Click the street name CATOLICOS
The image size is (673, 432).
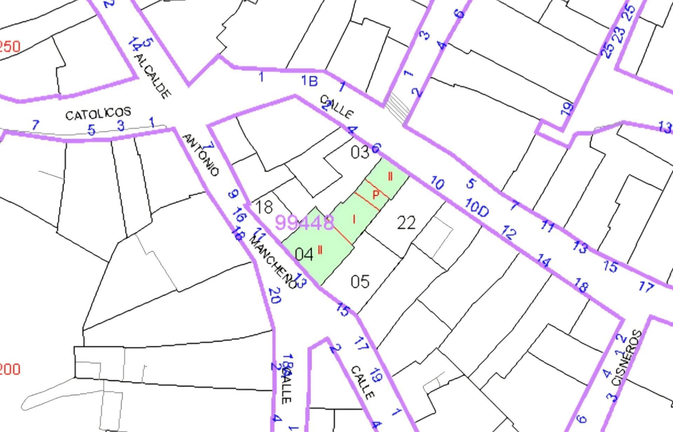click(x=98, y=113)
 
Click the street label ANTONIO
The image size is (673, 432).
click(x=201, y=155)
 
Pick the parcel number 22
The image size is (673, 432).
click(x=406, y=223)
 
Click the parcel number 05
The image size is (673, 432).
click(x=360, y=282)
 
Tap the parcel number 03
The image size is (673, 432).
click(x=360, y=153)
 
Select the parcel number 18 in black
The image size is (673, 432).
click(x=264, y=207)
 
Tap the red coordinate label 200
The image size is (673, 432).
click(x=10, y=369)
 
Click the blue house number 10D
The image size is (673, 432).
click(x=477, y=207)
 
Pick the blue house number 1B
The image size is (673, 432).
click(x=310, y=81)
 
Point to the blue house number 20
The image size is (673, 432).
click(x=275, y=295)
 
